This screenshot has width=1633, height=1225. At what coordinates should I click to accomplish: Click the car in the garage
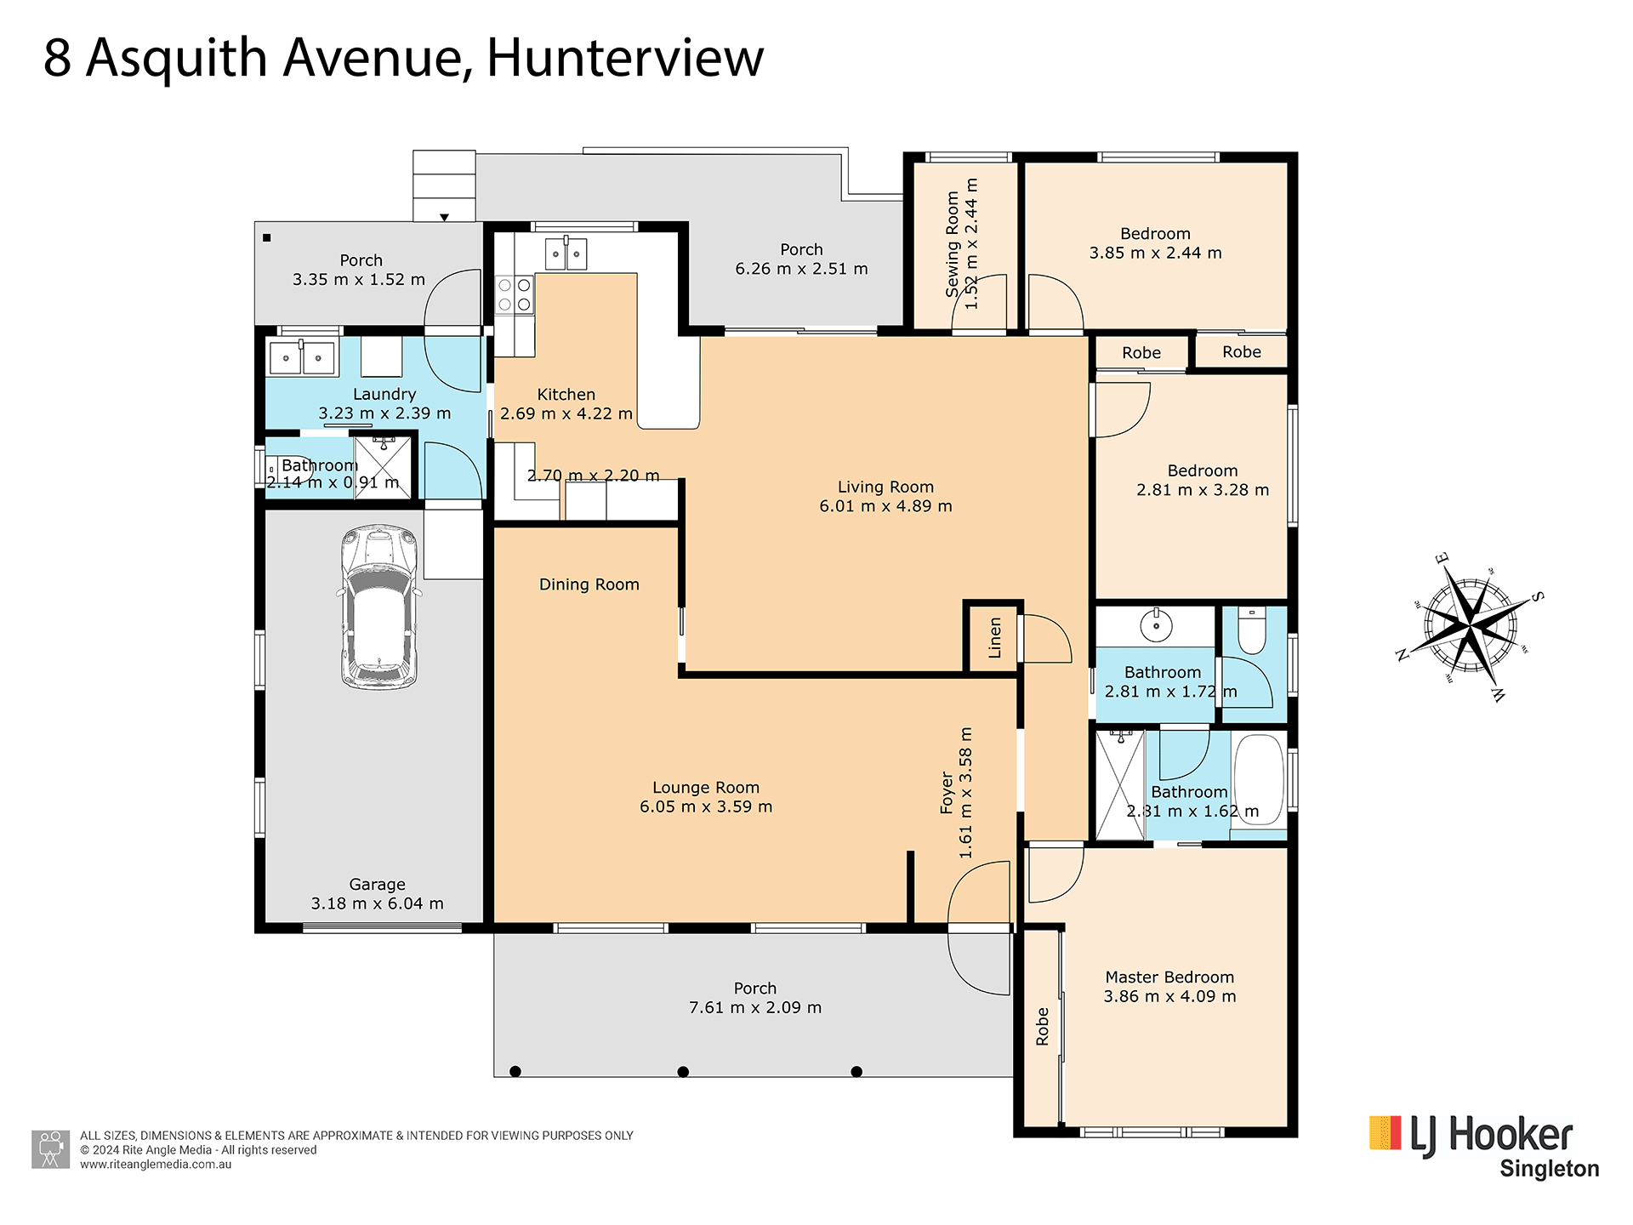[x=379, y=607]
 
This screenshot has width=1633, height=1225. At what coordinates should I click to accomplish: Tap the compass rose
[x=1470, y=628]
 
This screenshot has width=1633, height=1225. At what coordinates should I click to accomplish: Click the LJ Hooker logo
[x=1483, y=1145]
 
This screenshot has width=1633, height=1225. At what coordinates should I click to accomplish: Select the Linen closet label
[x=994, y=638]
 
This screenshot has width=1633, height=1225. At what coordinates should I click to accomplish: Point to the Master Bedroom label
[x=1169, y=977]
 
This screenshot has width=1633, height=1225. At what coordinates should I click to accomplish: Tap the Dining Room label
[x=589, y=584]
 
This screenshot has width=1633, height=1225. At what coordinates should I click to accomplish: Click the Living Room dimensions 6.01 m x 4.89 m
[x=885, y=506]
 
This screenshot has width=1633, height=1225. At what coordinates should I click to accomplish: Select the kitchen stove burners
[x=515, y=294]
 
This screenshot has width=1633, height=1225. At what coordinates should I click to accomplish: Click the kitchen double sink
[x=566, y=254]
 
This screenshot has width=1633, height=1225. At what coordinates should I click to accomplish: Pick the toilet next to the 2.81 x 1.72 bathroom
[x=1252, y=630]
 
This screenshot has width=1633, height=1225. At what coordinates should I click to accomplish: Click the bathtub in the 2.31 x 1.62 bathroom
[x=1259, y=778]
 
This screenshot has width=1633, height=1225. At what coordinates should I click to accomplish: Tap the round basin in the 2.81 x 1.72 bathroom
[x=1156, y=625]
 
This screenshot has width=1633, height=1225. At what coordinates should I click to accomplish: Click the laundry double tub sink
[x=302, y=357]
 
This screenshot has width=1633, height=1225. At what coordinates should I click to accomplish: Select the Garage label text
[x=377, y=885]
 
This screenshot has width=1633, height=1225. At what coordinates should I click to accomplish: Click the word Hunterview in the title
[x=625, y=58]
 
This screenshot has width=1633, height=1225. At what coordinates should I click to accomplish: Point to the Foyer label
[x=947, y=793]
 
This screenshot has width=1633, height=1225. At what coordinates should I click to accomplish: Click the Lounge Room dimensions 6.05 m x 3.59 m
[x=706, y=806]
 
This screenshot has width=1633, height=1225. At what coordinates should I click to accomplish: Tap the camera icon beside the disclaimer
[x=51, y=1149]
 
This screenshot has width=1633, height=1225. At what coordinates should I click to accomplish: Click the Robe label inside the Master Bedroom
[x=1043, y=1027]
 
